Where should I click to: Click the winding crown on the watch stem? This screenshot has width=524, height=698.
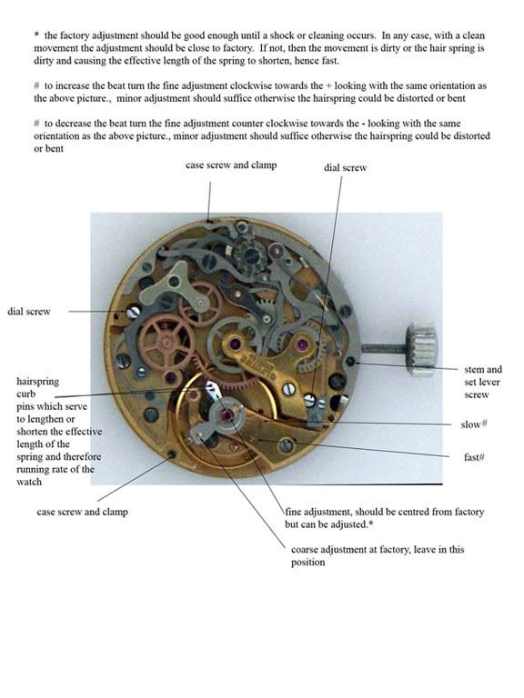pos(423,346)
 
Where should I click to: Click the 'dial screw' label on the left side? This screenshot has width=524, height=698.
pos(28,311)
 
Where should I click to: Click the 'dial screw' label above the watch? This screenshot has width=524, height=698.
pos(346,167)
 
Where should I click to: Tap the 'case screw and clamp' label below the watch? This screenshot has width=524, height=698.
pos(82,512)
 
